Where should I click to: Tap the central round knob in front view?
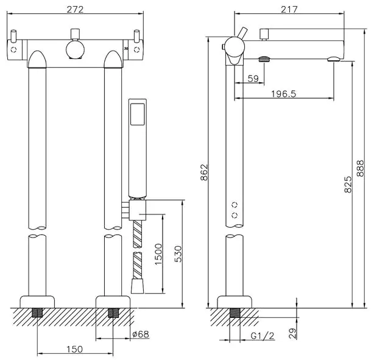76,49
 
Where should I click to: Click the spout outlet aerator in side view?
334,59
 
